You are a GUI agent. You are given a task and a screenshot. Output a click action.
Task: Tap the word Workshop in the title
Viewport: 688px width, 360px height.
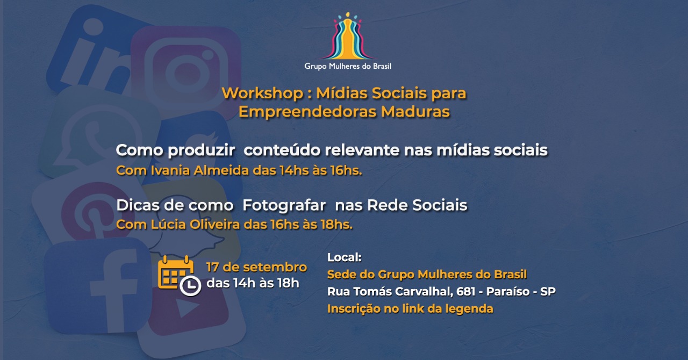(x=263, y=93)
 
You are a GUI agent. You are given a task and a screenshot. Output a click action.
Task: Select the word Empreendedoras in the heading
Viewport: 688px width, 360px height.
(x=307, y=112)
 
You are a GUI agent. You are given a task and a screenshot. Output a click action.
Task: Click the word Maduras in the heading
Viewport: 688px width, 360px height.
(x=415, y=112)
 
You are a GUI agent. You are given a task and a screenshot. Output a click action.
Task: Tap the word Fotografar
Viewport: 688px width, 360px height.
(x=284, y=205)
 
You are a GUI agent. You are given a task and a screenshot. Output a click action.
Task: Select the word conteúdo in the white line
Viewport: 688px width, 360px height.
(x=282, y=150)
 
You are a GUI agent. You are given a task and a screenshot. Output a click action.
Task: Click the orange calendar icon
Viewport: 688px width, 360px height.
(x=175, y=272)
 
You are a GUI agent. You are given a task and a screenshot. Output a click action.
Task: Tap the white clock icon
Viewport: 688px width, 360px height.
(x=190, y=286)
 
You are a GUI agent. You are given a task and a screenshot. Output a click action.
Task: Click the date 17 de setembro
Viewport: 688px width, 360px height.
(x=256, y=267)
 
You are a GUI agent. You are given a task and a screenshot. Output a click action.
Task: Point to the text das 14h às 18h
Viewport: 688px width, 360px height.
(x=253, y=283)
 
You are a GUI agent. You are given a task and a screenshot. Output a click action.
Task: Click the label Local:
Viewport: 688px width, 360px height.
(x=345, y=257)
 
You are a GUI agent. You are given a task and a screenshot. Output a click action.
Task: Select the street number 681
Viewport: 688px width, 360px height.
(x=466, y=291)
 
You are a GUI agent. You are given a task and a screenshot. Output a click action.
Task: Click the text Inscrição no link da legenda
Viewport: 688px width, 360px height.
(x=410, y=309)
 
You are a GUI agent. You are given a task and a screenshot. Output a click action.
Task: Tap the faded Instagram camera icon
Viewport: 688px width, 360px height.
(x=185, y=73)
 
